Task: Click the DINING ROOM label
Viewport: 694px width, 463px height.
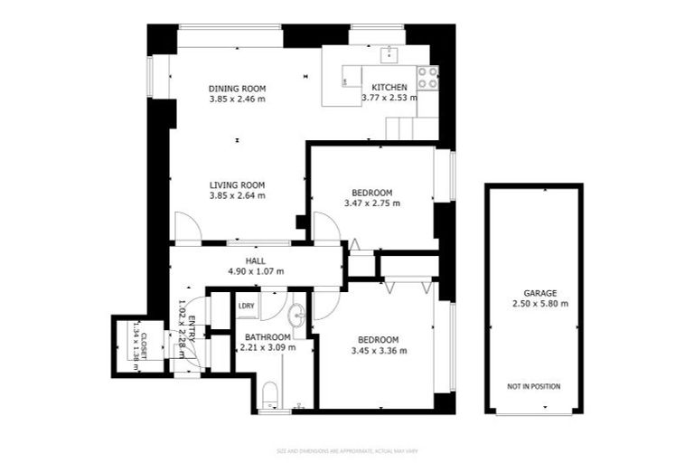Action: [237, 88]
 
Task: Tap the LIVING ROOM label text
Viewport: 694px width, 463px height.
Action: [237, 184]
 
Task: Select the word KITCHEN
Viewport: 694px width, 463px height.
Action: [389, 87]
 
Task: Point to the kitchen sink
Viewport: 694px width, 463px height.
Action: [390, 54]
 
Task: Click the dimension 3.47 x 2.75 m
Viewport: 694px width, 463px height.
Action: [371, 203]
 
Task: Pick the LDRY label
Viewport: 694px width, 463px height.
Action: [246, 306]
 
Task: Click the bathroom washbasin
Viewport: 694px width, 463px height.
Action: [297, 316]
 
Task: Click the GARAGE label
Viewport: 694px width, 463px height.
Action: [533, 293]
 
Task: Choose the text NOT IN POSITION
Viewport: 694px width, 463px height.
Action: [533, 386]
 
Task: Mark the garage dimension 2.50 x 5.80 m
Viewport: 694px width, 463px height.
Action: [533, 304]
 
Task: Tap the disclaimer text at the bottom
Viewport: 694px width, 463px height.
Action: [347, 450]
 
